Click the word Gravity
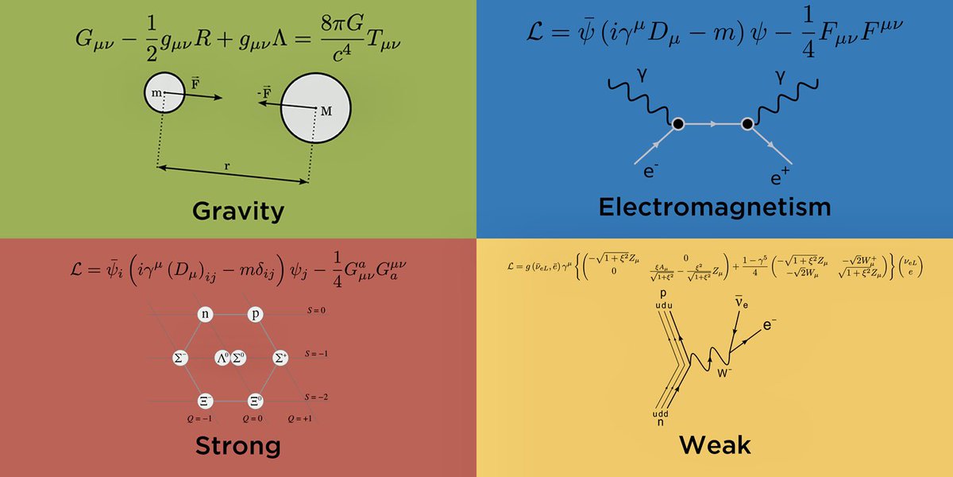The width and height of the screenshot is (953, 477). click(x=237, y=211)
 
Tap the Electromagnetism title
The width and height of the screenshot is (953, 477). click(x=714, y=207)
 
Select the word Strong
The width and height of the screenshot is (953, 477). click(x=237, y=446)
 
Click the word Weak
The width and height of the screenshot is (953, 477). click(x=714, y=446)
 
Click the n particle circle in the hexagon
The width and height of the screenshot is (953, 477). click(x=206, y=314)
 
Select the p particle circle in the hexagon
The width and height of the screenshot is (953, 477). click(x=255, y=314)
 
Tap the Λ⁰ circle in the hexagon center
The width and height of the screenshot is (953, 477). click(x=222, y=358)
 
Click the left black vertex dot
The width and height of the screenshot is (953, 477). click(x=677, y=124)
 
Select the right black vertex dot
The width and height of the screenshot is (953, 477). click(x=747, y=124)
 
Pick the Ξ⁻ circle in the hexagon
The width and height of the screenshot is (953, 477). click(x=206, y=401)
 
